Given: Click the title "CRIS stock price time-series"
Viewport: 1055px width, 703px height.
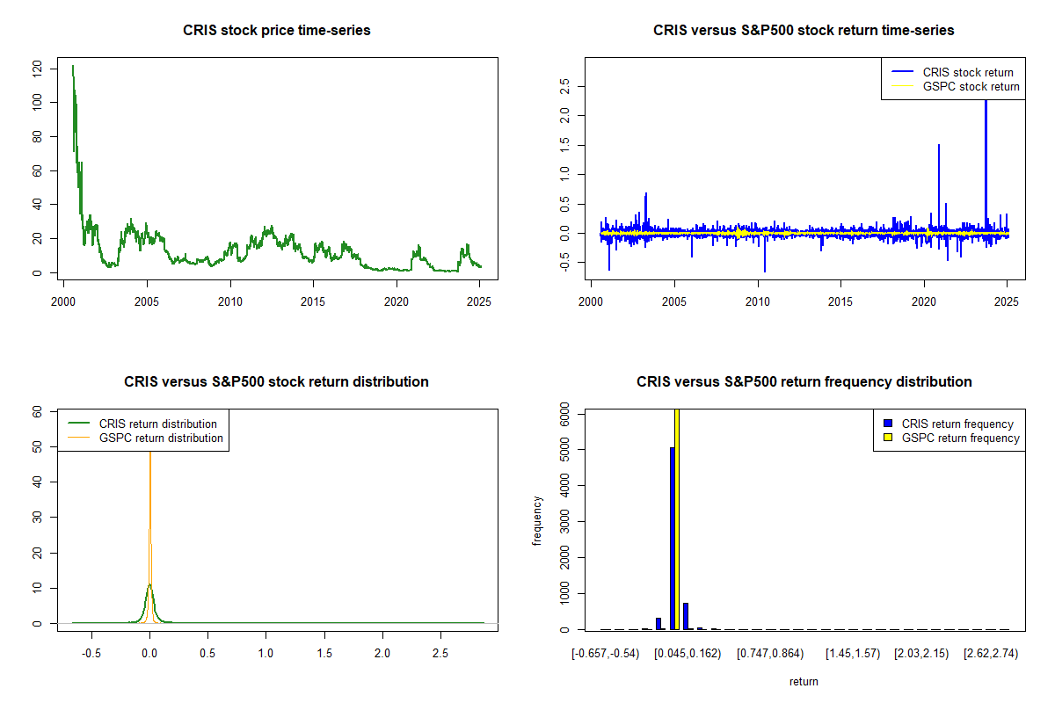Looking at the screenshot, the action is tap(276, 30).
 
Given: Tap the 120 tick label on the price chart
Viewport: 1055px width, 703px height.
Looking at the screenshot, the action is tap(37, 69).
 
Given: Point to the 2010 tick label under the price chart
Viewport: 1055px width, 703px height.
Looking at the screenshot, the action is tap(229, 301).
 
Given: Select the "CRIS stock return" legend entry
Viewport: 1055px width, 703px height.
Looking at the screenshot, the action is tap(953, 72).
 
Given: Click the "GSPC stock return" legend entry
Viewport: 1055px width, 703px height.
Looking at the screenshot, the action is tap(955, 87).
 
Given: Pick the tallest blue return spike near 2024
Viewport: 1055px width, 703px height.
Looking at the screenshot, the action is tap(986, 165).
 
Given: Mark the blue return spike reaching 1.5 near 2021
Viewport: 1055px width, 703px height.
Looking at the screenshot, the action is tap(939, 188).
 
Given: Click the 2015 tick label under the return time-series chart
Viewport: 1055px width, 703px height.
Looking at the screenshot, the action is tap(840, 301).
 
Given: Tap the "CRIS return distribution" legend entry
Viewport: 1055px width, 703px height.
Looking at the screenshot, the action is tap(142, 424).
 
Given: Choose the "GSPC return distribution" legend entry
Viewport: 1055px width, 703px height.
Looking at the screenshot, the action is tap(145, 438).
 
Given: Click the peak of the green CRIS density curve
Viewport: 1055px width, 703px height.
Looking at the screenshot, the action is tap(149, 585).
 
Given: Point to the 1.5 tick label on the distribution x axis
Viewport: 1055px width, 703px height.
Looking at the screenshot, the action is tap(324, 654).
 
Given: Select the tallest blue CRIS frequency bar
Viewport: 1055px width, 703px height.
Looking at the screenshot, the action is tap(672, 538).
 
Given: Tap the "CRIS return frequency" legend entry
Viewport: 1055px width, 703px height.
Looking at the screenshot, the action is tap(949, 424).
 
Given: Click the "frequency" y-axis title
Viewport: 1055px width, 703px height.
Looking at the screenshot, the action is tap(537, 520).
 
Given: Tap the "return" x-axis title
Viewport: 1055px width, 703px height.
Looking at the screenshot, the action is tap(804, 682).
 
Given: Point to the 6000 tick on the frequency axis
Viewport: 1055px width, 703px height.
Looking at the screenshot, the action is tap(564, 414).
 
